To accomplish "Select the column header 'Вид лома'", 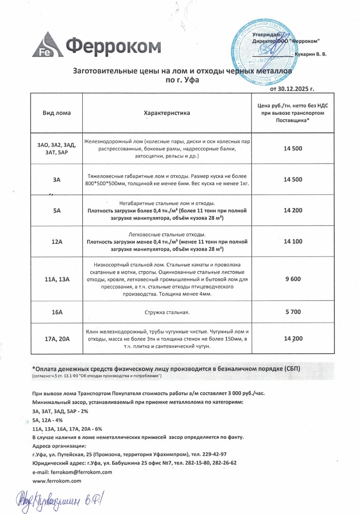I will coord(57,113).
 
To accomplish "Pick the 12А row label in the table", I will coord(57,242).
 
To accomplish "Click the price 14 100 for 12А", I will coord(292,242).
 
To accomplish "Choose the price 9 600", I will coord(292,279).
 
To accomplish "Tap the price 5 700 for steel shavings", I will coord(292,312).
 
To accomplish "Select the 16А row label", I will coord(57,312).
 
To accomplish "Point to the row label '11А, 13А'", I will coord(57,279).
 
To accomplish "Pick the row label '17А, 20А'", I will coord(57,339).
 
